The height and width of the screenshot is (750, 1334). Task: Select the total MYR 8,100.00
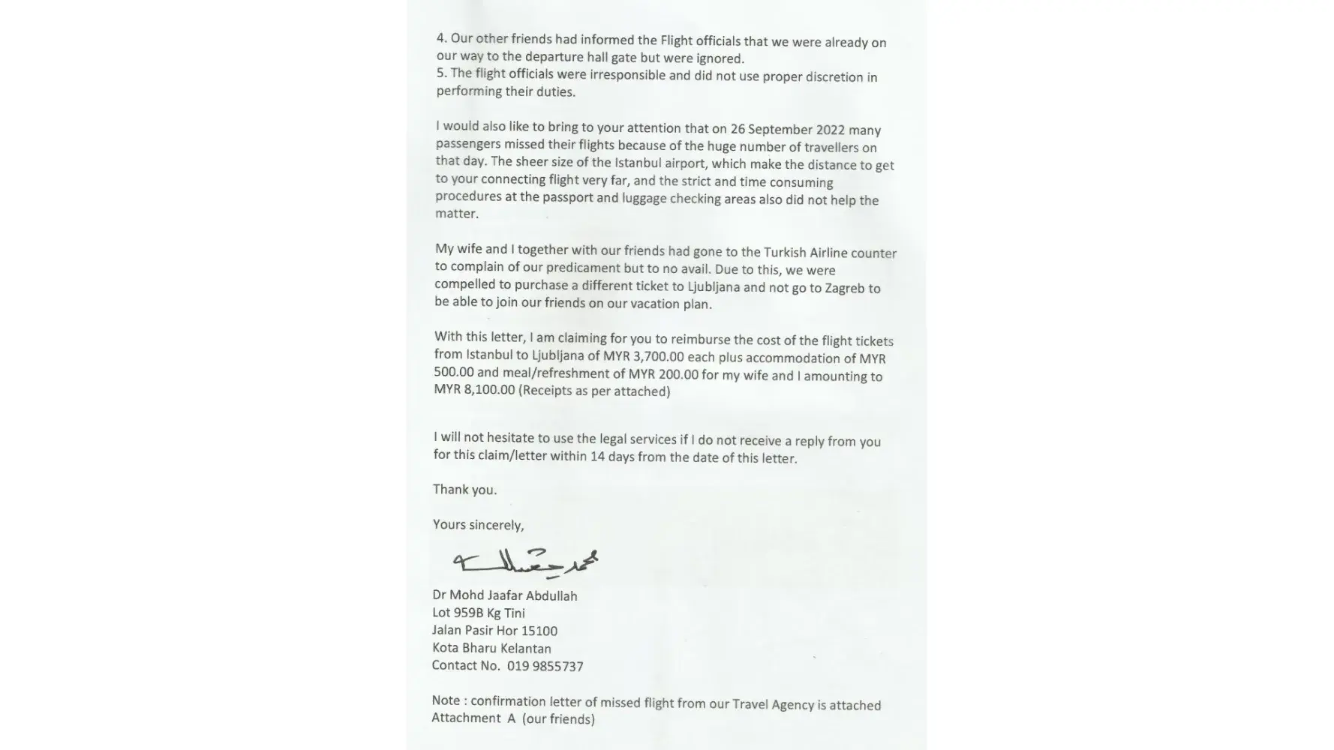coord(474,390)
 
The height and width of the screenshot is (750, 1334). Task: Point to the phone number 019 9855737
coord(545,666)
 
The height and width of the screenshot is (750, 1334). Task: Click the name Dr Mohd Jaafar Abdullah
coord(505,595)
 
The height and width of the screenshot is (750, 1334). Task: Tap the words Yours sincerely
coord(478,524)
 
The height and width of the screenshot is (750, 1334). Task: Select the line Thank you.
coord(464,490)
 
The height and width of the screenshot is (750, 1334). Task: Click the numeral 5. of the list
coord(441,73)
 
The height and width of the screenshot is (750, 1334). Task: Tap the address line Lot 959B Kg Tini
coord(478,613)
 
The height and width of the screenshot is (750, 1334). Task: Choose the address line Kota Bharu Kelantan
coord(491,648)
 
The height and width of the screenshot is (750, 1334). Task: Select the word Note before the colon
coord(446,700)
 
